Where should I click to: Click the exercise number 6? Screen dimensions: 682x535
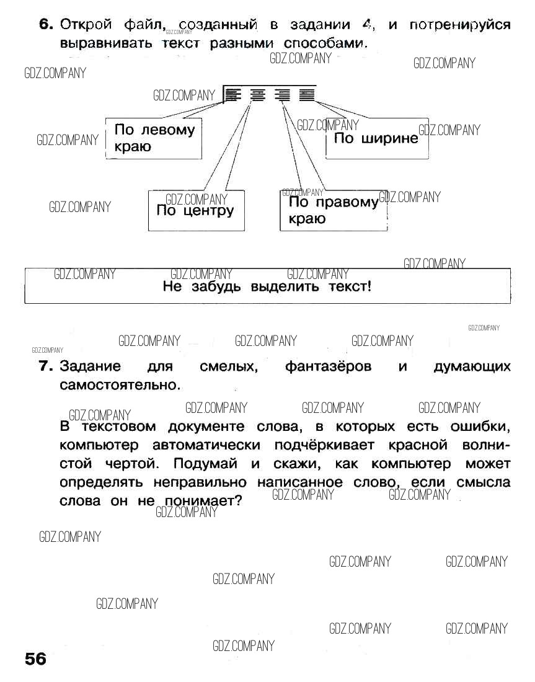pos(46,25)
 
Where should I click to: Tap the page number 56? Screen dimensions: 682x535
pos(35,658)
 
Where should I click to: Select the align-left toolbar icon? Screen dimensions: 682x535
pos(232,95)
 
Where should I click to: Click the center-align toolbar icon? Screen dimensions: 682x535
pos(257,95)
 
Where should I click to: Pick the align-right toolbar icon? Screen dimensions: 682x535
pos(283,95)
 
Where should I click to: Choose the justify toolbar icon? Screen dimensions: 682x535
pos(306,95)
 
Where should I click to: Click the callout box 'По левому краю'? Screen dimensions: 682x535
pos(154,138)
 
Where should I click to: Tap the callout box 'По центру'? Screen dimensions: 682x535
pos(196,211)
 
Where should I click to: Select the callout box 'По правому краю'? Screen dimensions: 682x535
pos(333,211)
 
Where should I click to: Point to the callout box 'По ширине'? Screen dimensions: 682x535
pos(376,138)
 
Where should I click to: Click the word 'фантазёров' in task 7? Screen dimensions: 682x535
pos(328,366)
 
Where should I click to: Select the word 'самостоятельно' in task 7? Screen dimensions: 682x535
pos(118,385)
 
